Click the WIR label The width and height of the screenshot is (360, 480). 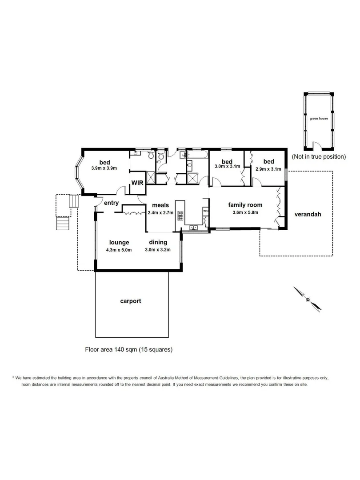point(136,182)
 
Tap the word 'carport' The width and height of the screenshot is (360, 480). point(131,301)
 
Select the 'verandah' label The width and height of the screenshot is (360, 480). point(308,214)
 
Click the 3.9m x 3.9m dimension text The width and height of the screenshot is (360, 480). point(104,168)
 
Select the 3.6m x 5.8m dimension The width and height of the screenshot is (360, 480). point(245,212)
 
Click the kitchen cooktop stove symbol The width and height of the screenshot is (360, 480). point(180,216)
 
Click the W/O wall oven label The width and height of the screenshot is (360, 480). point(206,211)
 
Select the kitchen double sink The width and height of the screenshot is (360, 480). point(194,228)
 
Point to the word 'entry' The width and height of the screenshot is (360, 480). point(111,203)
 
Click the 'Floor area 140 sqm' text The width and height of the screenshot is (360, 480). point(129,350)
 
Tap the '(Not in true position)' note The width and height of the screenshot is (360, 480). point(319,156)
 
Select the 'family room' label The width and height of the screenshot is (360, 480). point(245,205)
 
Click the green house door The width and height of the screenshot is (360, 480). point(316,146)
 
